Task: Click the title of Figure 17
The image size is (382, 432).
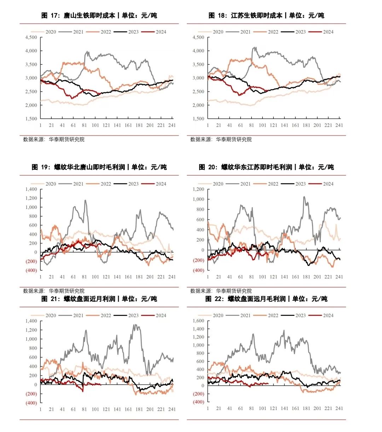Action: pyautogui.click(x=99, y=16)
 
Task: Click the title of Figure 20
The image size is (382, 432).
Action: pyautogui.click(x=266, y=167)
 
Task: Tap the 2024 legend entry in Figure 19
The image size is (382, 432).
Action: pyautogui.click(x=154, y=184)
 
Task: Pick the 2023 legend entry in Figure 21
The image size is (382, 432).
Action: pyautogui.click(x=127, y=316)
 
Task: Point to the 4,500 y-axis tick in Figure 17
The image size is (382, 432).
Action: pyautogui.click(x=31, y=38)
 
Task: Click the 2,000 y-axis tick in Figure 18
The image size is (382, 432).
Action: pyautogui.click(x=198, y=105)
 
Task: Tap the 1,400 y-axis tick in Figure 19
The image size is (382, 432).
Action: pyautogui.click(x=31, y=189)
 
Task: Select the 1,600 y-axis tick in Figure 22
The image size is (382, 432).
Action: pyautogui.click(x=198, y=321)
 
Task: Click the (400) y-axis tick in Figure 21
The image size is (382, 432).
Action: pyautogui.click(x=31, y=403)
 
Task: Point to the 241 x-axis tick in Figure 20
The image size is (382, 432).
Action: pyautogui.click(x=339, y=277)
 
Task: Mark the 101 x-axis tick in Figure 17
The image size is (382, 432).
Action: pyautogui.click(x=95, y=125)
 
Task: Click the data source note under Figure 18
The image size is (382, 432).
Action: pyautogui.click(x=221, y=140)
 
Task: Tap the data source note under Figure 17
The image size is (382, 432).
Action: pyautogui.click(x=54, y=140)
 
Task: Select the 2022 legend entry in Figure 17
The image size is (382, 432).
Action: pyautogui.click(x=99, y=32)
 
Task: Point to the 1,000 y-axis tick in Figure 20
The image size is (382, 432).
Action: pyautogui.click(x=198, y=199)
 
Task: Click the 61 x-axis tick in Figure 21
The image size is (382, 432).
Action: pyautogui.click(x=73, y=409)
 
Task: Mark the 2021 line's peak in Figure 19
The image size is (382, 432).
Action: pyautogui.click(x=85, y=200)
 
